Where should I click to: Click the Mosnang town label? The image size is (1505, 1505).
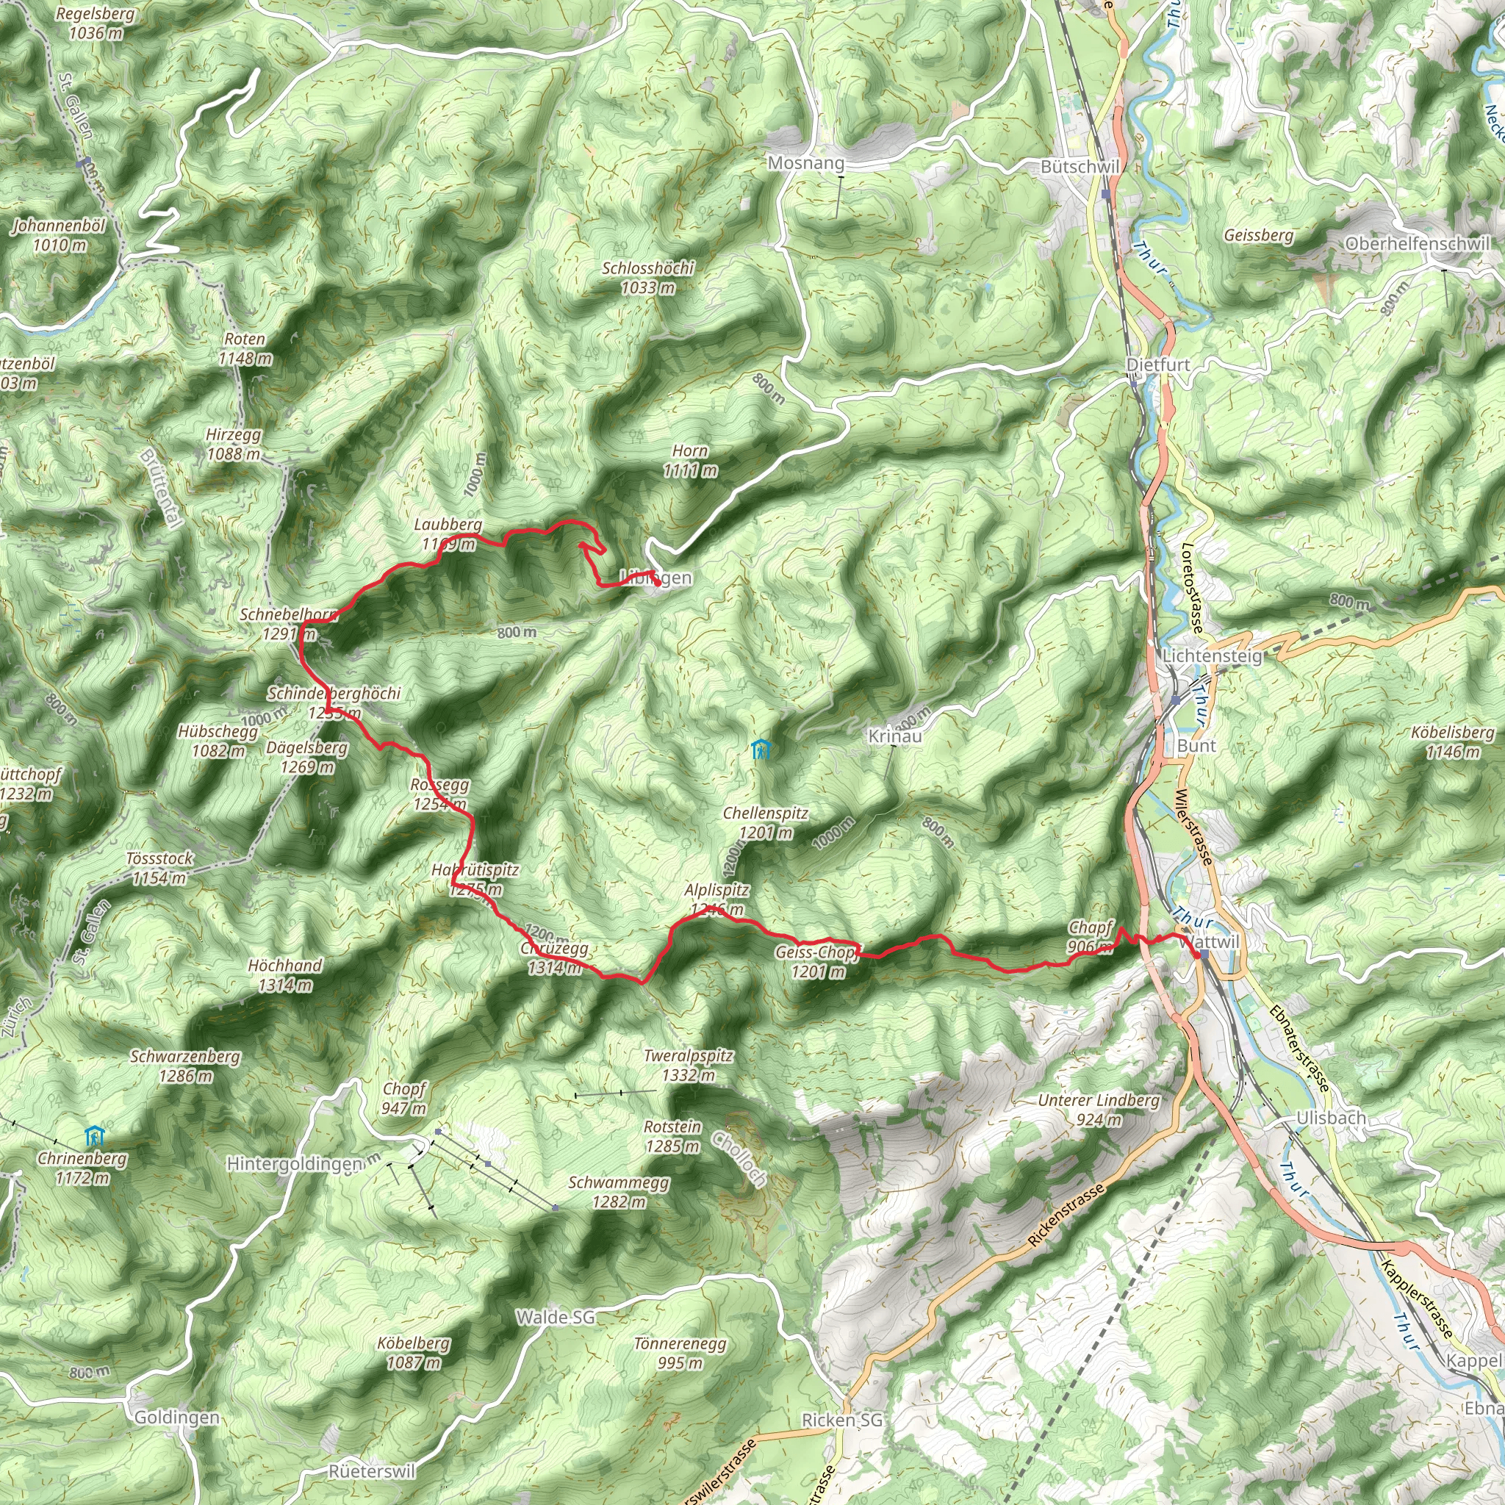click(x=805, y=164)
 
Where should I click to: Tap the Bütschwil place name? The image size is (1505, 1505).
click(x=1080, y=167)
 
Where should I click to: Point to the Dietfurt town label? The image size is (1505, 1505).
click(x=1158, y=364)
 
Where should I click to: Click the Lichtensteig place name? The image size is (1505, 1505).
click(x=1211, y=656)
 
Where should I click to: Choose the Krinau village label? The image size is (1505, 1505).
click(x=895, y=736)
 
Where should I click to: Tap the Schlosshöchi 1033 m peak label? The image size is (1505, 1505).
click(x=648, y=277)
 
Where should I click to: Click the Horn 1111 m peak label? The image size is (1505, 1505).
click(x=690, y=460)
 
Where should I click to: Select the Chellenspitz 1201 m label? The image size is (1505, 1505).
click(x=766, y=822)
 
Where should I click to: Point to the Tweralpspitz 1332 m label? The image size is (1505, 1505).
click(x=689, y=1066)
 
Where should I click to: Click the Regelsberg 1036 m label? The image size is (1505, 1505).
click(x=95, y=24)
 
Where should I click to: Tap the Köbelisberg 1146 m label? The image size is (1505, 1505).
click(x=1453, y=741)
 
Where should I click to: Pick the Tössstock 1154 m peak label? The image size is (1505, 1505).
click(x=159, y=868)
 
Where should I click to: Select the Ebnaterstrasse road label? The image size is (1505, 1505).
click(x=1299, y=1047)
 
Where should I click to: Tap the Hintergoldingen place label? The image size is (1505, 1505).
click(x=295, y=1164)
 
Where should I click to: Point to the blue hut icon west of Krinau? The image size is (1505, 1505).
click(x=761, y=750)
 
